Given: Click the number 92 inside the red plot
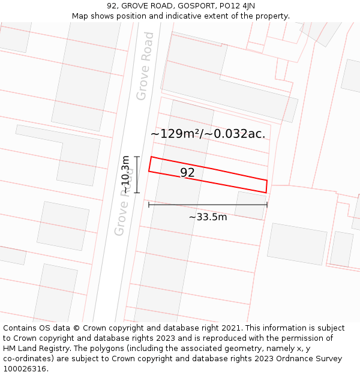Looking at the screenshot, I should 187,173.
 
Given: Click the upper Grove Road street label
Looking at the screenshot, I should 145,66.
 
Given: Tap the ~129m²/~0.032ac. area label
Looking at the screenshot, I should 208,134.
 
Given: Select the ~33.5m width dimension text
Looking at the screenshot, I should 208,217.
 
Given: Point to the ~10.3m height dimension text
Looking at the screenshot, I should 125,175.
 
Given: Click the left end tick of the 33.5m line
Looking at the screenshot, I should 149,205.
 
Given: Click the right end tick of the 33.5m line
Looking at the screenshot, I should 267,205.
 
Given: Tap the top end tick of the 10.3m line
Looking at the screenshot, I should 137,157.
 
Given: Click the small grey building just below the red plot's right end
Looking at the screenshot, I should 250,205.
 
